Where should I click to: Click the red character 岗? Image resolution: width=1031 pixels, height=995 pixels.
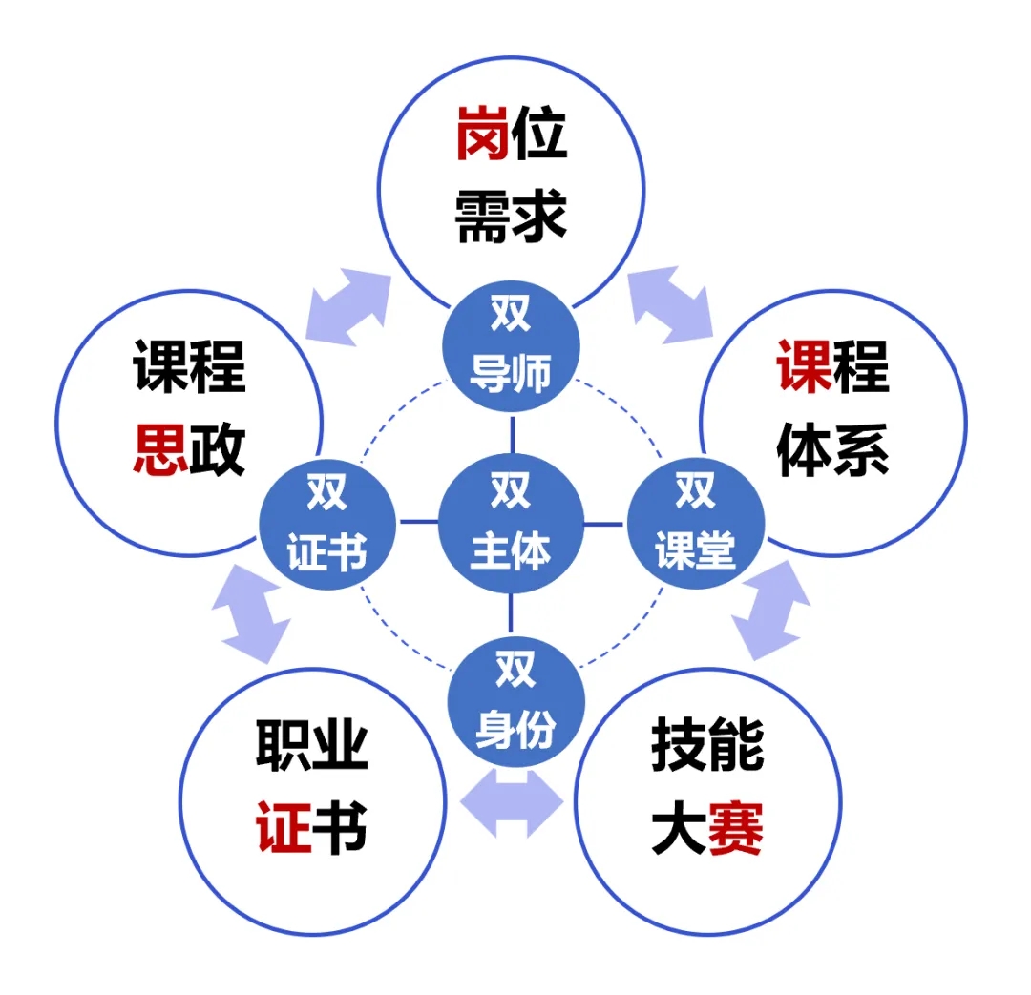point(482,133)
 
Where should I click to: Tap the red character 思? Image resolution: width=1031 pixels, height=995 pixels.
point(160,449)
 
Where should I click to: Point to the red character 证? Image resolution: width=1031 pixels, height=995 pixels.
point(284,827)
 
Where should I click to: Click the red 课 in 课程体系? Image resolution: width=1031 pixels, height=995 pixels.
point(804,366)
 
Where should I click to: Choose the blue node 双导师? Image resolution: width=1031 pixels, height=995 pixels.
point(511,346)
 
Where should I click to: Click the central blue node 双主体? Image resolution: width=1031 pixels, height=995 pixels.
point(511,523)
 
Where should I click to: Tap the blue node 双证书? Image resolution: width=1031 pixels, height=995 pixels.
point(327,524)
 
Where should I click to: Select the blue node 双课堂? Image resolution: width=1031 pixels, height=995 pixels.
point(696,523)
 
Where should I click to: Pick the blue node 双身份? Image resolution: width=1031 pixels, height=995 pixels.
point(516,701)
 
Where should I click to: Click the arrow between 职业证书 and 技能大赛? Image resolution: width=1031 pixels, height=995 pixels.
point(512,803)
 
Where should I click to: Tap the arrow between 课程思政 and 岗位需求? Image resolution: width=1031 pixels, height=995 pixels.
point(347,307)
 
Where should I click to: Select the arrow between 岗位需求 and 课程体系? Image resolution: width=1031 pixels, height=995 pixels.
point(671,304)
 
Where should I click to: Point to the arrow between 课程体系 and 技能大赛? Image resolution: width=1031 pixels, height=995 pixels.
point(770,610)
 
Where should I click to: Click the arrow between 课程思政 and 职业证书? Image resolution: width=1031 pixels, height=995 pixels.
point(250,613)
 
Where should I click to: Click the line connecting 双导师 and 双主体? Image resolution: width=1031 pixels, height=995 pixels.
point(513,433)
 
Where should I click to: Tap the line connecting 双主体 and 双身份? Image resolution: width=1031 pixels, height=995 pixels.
point(511,614)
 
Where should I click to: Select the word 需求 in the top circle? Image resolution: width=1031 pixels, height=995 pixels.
point(511,217)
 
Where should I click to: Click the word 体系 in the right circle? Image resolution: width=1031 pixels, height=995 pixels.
point(832,449)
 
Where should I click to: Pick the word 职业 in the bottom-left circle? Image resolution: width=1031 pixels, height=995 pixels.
point(311,745)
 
